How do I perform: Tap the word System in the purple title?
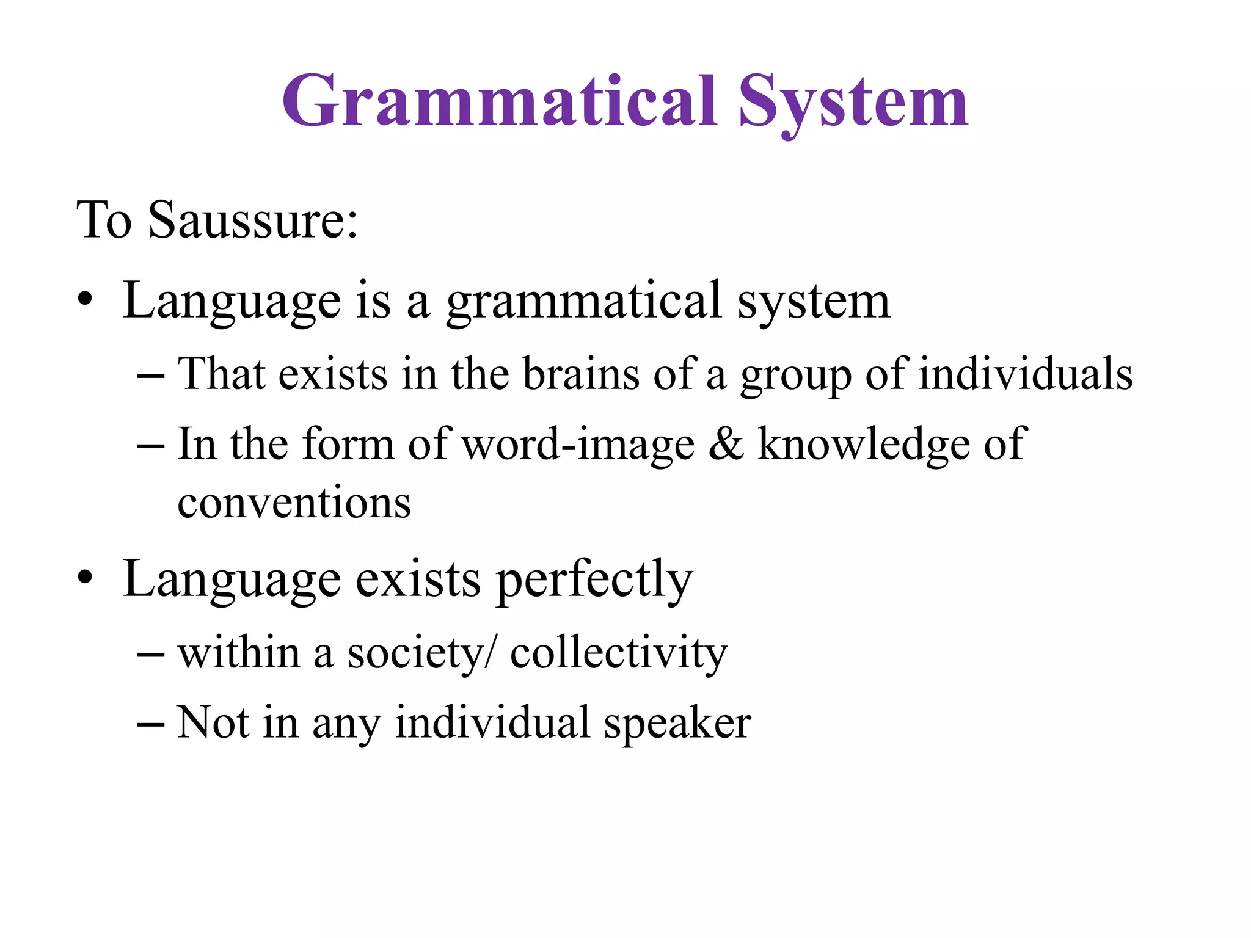click(853, 103)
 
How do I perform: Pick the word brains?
click(581, 374)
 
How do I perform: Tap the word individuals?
click(1026, 374)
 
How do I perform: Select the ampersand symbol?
click(726, 444)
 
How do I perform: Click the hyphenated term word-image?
click(578, 444)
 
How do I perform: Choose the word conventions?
click(294, 503)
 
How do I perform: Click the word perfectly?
click(594, 579)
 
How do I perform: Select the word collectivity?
click(619, 653)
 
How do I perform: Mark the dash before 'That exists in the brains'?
click(151, 376)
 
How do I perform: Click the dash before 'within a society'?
click(151, 655)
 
